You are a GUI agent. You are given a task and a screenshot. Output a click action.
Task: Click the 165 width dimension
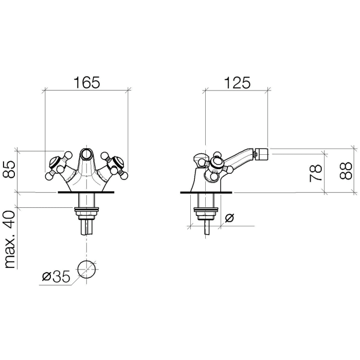click(x=86, y=82)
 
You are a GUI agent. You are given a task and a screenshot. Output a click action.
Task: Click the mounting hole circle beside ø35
click(x=86, y=269)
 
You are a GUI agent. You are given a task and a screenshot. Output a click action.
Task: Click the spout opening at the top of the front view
click(x=86, y=153)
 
